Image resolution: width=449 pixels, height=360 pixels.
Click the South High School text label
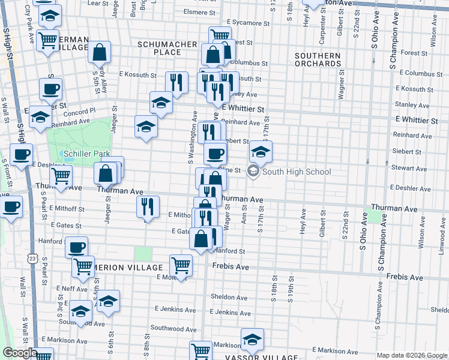pos(297,172)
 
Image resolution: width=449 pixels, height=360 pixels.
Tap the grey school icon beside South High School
pos(253,172)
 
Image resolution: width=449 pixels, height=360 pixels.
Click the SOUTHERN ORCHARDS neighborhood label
pos(318,59)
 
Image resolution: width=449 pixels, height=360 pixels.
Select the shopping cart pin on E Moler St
pos(181,263)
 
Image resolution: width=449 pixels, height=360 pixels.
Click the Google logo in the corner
pos(19,353)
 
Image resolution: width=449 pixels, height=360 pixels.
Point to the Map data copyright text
pos(411,355)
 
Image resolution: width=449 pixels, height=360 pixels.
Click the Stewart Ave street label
pos(409,169)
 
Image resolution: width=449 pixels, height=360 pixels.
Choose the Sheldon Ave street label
pos(229,298)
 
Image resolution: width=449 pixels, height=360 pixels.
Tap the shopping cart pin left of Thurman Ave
pos(61,176)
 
